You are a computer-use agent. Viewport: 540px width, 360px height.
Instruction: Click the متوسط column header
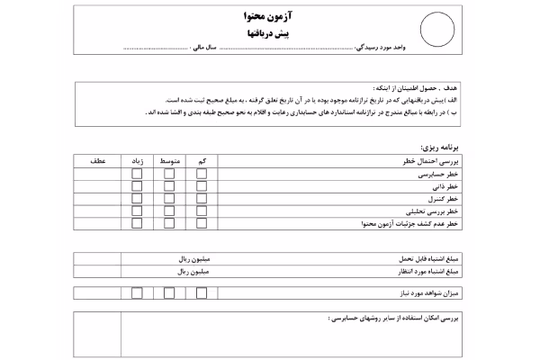[169, 160]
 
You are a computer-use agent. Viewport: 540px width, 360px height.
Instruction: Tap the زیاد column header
[138, 160]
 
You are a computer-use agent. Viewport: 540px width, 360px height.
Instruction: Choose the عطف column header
[95, 160]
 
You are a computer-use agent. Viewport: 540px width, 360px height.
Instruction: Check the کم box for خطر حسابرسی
[201, 173]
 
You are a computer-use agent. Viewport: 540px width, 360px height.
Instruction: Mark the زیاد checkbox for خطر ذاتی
[138, 185]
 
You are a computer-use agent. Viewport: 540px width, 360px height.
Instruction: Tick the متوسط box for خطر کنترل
[169, 198]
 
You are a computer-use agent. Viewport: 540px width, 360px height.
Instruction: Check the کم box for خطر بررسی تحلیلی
[201, 211]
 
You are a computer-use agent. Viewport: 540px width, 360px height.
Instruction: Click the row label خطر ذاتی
[447, 185]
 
